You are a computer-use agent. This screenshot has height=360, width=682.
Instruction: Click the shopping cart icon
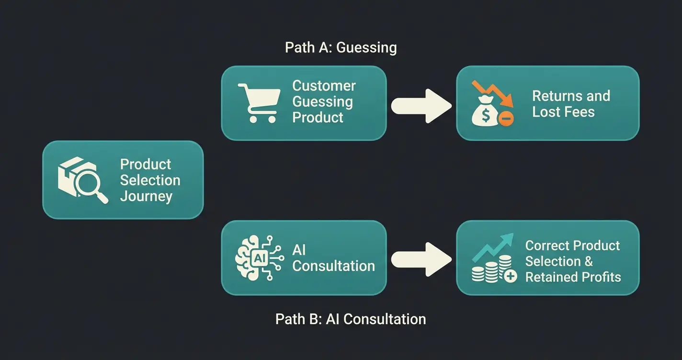[259, 102]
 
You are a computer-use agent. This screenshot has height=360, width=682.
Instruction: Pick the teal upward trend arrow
[493, 246]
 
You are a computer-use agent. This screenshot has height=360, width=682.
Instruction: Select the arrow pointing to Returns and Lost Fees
[421, 106]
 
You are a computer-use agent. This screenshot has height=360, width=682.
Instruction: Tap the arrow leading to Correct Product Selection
[421, 259]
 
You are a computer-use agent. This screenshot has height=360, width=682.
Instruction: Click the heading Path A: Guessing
[341, 48]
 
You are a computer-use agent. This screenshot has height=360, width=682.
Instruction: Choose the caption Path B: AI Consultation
[351, 319]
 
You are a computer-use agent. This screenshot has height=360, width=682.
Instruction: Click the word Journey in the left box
[146, 196]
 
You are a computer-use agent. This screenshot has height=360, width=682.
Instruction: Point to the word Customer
[324, 86]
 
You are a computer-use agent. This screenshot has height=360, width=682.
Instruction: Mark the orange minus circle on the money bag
[506, 118]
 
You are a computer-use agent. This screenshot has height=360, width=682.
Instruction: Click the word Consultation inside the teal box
[333, 266]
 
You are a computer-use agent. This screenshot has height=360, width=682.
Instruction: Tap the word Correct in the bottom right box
[546, 246]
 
